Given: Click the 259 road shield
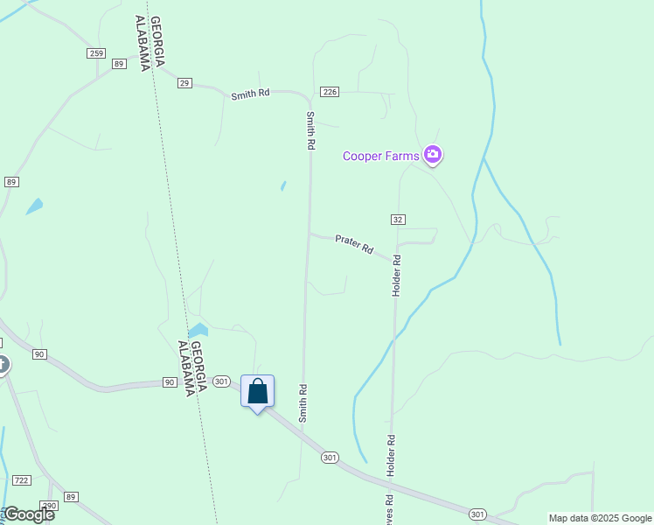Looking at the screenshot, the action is (x=96, y=53).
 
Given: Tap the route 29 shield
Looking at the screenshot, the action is (x=184, y=83).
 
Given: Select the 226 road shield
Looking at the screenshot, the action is (x=330, y=92).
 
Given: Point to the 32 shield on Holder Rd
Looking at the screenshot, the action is (x=398, y=219).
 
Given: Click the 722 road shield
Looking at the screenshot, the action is (x=22, y=480).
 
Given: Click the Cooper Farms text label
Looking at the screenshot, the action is (x=380, y=157).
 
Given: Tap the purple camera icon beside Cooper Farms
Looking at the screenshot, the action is (x=432, y=156).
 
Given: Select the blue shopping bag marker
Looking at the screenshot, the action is (x=258, y=391).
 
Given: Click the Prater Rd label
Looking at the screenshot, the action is (x=354, y=245).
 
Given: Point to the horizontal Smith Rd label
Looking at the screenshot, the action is (x=250, y=94).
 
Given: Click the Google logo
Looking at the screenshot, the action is (x=28, y=514).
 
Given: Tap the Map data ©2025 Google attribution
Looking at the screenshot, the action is (x=600, y=518).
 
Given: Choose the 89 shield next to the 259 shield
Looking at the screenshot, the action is (x=119, y=64).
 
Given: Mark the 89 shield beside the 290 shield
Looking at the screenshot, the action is (x=71, y=497).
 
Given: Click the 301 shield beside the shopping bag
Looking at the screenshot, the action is (x=221, y=381).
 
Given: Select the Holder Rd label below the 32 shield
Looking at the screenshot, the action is (x=396, y=275).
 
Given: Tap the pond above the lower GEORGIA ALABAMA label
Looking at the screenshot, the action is (x=198, y=331).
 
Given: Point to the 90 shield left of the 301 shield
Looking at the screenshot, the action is (x=169, y=382).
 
